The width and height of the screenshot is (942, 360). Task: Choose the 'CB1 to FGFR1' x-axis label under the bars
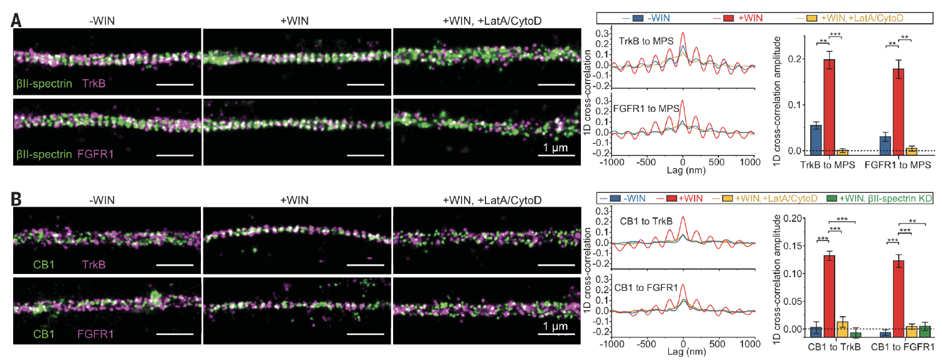(902, 346)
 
